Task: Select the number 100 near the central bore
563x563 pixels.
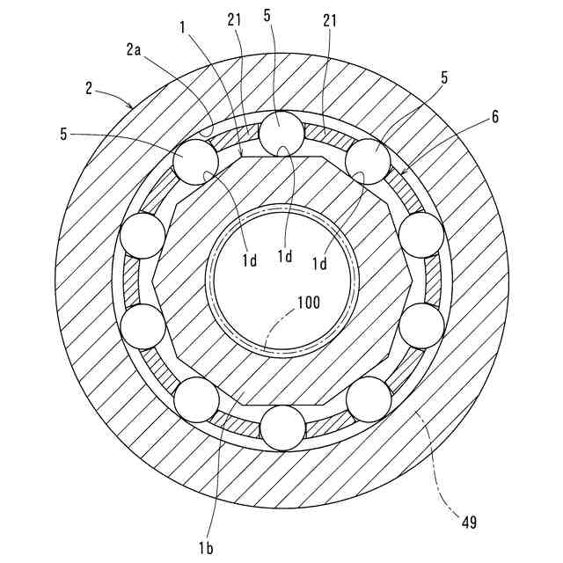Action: coord(308,302)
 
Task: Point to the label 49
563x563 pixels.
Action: coord(469,522)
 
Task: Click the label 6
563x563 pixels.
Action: coord(496,117)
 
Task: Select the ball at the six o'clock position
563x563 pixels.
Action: coord(281,428)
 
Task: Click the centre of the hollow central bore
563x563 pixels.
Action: coord(281,281)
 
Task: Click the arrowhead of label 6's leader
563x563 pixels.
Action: coord(401,172)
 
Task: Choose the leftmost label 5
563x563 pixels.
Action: coord(64,135)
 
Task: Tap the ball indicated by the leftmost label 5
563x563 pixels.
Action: coord(195,161)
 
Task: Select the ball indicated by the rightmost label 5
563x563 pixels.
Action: coord(369,161)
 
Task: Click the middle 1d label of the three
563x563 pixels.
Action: coord(285,255)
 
